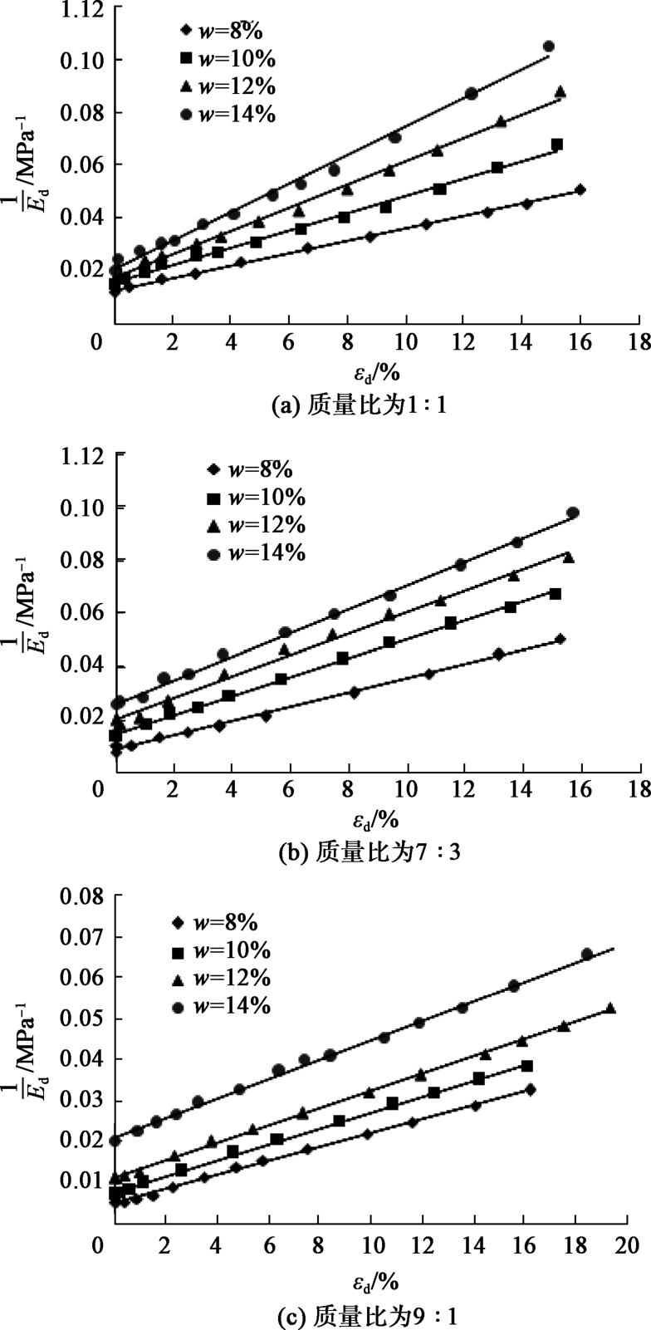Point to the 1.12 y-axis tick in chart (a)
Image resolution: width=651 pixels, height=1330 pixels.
pyautogui.click(x=81, y=10)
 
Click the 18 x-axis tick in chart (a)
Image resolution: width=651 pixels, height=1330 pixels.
pyautogui.click(x=638, y=343)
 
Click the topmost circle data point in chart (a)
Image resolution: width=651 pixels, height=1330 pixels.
pyautogui.click(x=548, y=47)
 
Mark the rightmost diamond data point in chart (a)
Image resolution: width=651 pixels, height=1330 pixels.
pyautogui.click(x=580, y=189)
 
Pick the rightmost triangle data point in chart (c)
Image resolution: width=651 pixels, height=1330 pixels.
pyautogui.click(x=610, y=1008)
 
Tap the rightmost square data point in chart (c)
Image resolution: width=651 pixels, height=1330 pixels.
pyautogui.click(x=526, y=1066)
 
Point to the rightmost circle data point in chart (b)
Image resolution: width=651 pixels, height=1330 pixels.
pyautogui.click(x=573, y=513)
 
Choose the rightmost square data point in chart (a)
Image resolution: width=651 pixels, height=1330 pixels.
pyautogui.click(x=556, y=145)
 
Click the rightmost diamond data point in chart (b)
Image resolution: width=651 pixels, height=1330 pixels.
pyautogui.click(x=560, y=639)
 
